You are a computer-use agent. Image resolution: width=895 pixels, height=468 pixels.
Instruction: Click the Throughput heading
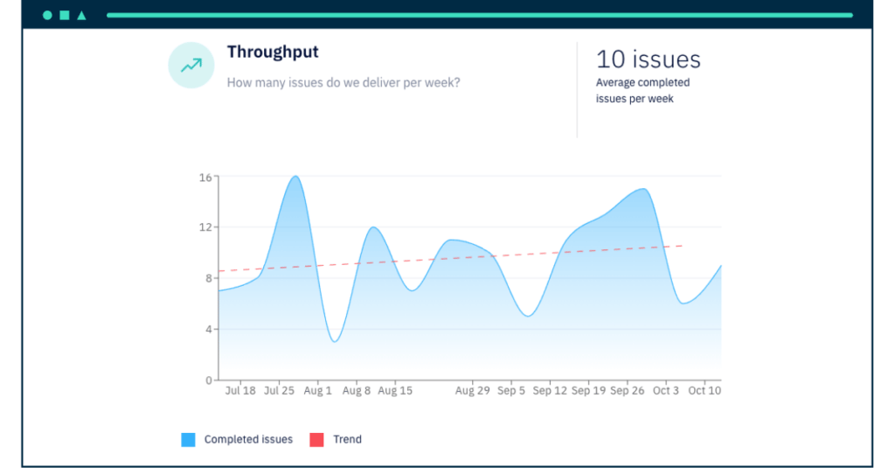[x=273, y=52]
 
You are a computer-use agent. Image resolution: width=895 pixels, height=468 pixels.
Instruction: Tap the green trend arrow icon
[x=191, y=66]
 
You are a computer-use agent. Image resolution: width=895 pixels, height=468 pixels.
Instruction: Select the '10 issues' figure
[x=648, y=59]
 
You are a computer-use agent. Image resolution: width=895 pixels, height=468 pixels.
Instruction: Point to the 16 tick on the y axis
[x=205, y=177]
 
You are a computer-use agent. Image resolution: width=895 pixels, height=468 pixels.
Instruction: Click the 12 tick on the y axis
[x=205, y=227]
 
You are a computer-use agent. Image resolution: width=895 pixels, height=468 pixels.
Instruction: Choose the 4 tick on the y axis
[x=207, y=330]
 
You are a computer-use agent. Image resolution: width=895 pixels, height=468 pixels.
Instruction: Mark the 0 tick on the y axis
[x=207, y=381]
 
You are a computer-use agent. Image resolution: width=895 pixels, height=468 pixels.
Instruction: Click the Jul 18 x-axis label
[x=240, y=391]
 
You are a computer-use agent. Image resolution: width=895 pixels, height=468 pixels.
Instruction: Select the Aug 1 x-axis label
[x=317, y=391]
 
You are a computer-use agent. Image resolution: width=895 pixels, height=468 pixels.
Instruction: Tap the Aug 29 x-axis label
[x=472, y=391]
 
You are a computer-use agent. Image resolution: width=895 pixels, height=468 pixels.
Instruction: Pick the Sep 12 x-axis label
[x=550, y=391]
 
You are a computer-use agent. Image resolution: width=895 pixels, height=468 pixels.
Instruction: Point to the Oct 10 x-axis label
[x=704, y=391]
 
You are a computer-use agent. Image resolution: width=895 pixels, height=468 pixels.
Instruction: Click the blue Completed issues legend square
[x=188, y=440]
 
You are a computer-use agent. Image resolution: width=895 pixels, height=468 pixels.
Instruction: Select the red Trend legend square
[x=316, y=440]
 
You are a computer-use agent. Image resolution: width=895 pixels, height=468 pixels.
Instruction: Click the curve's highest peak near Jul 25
[x=295, y=177]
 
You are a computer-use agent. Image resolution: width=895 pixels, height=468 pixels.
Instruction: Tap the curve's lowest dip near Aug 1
[x=335, y=341]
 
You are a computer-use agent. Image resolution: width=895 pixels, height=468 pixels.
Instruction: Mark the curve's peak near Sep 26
[x=642, y=189]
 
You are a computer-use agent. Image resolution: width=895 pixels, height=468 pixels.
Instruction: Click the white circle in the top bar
[x=47, y=16]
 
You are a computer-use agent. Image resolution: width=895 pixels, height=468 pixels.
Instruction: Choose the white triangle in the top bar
[x=81, y=16]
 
